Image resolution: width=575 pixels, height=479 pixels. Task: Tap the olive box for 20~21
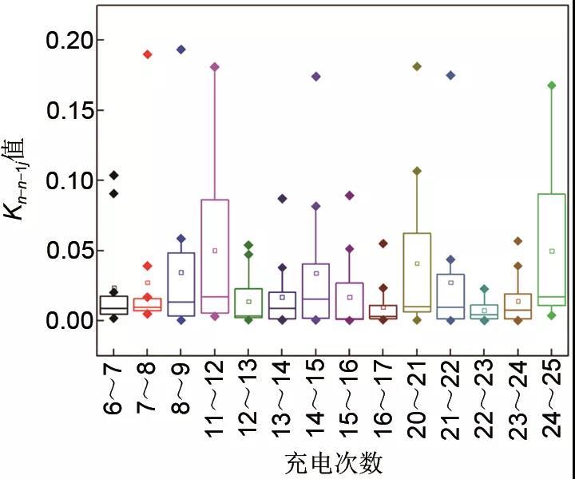point(417,271)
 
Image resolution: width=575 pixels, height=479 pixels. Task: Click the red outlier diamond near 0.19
point(148,54)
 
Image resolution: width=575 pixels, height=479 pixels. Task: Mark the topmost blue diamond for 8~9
point(181,49)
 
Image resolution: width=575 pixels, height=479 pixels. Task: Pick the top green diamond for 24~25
point(551,85)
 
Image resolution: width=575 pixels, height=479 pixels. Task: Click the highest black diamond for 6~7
point(114,175)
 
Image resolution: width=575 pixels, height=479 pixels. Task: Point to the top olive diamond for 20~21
point(417,66)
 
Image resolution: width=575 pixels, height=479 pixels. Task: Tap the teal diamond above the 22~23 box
point(484,289)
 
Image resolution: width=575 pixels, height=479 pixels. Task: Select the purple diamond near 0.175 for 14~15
point(315,77)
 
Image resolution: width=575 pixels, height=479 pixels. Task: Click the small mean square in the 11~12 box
point(215,251)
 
